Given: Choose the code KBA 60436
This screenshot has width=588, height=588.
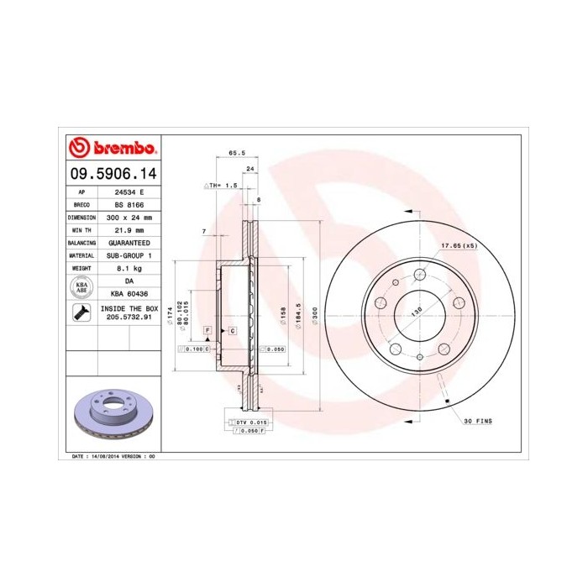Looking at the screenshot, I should click(x=129, y=293).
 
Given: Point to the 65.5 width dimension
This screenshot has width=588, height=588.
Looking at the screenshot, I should click(x=236, y=153).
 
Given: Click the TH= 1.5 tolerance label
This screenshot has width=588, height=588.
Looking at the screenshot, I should click(x=223, y=184).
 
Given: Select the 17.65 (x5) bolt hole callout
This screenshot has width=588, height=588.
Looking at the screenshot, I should click(x=458, y=245).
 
